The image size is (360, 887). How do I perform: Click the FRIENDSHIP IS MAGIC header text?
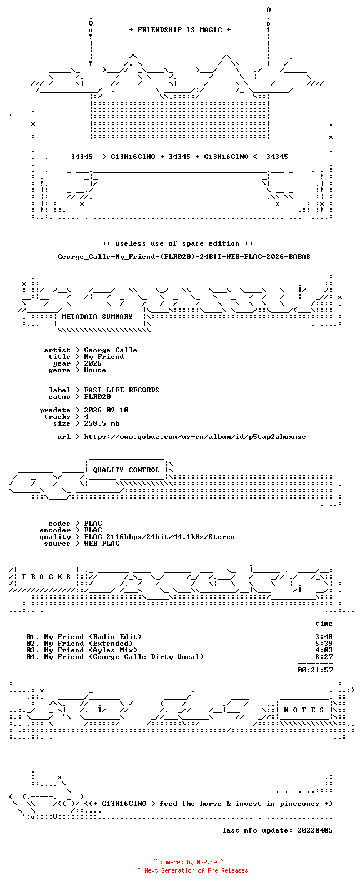click(x=180, y=29)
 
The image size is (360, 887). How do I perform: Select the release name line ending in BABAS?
click(x=184, y=257)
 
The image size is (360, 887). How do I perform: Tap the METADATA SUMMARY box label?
click(x=97, y=317)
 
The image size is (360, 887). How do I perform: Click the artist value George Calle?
click(x=111, y=350)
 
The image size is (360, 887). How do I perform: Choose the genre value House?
click(x=95, y=370)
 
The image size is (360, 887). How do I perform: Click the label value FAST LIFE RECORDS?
click(x=122, y=390)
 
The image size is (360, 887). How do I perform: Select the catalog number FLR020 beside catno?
click(x=97, y=397)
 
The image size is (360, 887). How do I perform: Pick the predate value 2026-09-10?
click(x=106, y=410)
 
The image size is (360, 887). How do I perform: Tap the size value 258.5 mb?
click(x=102, y=423)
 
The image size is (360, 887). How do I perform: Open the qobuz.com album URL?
click(x=195, y=437)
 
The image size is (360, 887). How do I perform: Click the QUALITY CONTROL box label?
click(x=126, y=470)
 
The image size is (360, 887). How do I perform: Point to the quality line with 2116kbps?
click(x=159, y=537)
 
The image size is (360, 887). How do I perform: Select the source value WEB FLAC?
click(x=102, y=544)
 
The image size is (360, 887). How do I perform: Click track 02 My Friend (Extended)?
click(x=79, y=644)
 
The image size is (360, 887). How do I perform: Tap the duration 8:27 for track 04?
click(x=324, y=657)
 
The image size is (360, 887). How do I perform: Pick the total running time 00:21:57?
click(x=315, y=670)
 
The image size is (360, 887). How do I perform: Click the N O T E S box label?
click(x=304, y=710)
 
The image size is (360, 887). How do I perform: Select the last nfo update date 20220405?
click(x=315, y=830)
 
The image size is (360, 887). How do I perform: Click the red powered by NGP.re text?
click(x=188, y=862)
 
